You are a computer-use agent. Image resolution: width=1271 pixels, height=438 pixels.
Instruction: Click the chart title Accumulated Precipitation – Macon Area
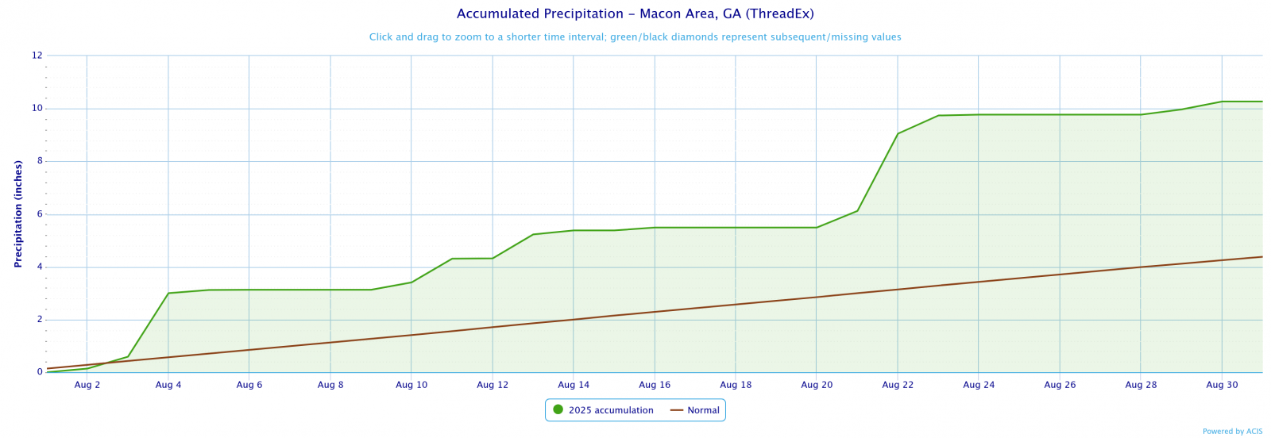coord(635,14)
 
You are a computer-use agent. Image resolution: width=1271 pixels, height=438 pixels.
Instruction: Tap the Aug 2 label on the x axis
coord(87,385)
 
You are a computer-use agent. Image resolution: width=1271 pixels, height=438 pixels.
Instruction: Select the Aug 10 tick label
coord(411,385)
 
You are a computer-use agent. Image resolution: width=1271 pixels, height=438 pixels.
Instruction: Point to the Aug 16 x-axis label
coord(654,385)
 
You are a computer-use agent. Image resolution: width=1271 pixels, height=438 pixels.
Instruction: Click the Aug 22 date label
coord(897,385)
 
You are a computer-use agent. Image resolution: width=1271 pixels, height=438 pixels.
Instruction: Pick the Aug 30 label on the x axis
coord(1221,385)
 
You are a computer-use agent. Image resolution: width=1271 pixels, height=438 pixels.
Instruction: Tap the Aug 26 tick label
coord(1059,385)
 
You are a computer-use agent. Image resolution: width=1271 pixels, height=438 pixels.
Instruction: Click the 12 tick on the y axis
coord(37,56)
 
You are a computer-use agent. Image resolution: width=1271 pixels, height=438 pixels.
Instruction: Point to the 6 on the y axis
coord(39,214)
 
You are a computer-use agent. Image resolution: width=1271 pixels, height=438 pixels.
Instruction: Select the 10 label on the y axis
coord(37,109)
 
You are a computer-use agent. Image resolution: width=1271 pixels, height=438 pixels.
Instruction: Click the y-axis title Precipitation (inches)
coord(18,213)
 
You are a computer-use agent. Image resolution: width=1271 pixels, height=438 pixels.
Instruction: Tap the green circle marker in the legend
coord(558,409)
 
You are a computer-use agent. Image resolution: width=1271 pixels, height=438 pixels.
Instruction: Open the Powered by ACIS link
coord(1232,432)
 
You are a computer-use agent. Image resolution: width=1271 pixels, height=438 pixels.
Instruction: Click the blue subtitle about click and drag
coord(635,37)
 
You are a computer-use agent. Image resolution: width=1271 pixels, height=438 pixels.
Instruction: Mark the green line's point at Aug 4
coord(168,293)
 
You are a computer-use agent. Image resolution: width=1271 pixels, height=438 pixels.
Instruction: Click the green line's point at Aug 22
coord(898,133)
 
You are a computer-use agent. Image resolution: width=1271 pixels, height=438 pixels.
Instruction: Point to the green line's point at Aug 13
coord(533,234)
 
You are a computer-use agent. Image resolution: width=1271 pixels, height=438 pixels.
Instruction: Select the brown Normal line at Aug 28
coord(1141,267)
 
